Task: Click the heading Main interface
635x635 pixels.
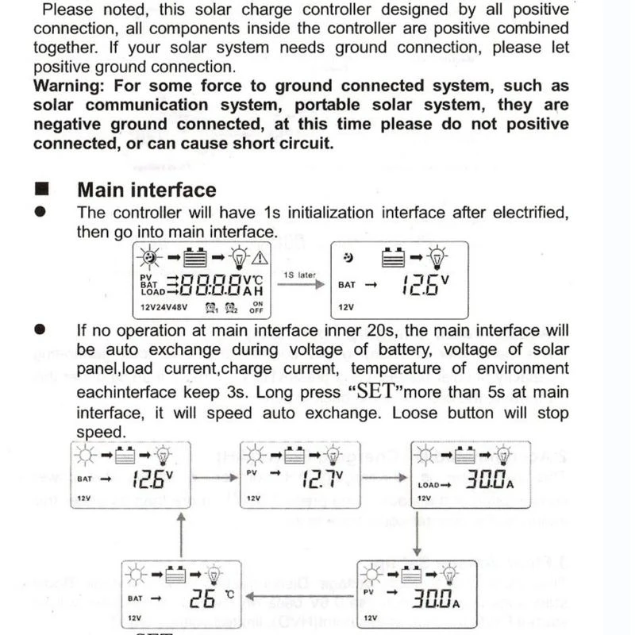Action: point(146,190)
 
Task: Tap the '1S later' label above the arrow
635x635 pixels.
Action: point(299,275)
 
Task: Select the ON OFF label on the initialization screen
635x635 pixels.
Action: point(257,307)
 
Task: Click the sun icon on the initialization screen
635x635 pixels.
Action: point(148,258)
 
